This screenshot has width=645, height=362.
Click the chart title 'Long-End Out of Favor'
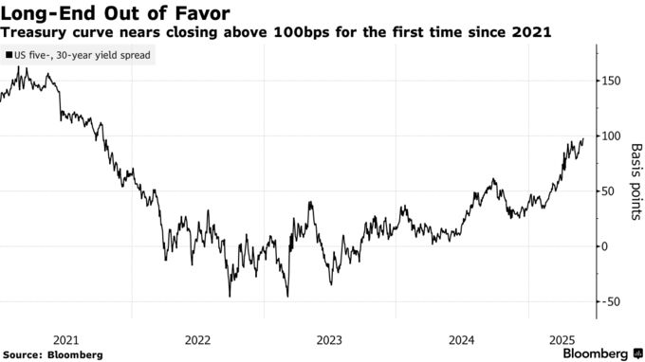111,12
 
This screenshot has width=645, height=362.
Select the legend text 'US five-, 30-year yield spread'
83,56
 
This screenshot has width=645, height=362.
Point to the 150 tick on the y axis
613,81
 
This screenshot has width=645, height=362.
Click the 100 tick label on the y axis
613,136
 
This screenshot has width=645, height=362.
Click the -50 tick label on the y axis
612,301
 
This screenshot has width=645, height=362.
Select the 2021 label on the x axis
67,338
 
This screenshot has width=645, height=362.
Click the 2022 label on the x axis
198,338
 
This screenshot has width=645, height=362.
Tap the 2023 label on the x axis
329,338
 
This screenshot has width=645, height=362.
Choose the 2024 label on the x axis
461,338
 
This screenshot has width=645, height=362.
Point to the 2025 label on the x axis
563,338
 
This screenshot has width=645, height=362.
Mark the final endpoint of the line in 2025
582,138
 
